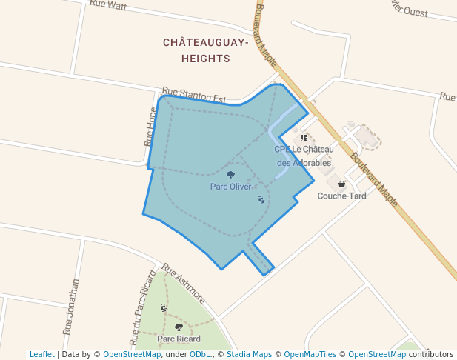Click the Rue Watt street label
pyautogui.click(x=108, y=4)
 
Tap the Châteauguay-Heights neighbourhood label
pyautogui.click(x=205, y=50)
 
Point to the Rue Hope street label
pyautogui.click(x=150, y=126)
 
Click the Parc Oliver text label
pyautogui.click(x=231, y=187)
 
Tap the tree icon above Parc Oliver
pyautogui.click(x=231, y=176)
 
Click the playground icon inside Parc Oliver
pyautogui.click(x=261, y=199)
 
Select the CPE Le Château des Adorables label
pyautogui.click(x=304, y=156)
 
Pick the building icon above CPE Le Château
pyautogui.click(x=304, y=138)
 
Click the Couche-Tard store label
pyautogui.click(x=341, y=196)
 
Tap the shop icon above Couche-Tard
pyautogui.click(x=341, y=184)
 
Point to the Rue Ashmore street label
pyautogui.click(x=184, y=284)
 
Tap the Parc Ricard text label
pyautogui.click(x=179, y=339)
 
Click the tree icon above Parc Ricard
pyautogui.click(x=179, y=327)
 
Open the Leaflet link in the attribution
pyautogui.click(x=41, y=354)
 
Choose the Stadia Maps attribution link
pyautogui.click(x=249, y=354)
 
